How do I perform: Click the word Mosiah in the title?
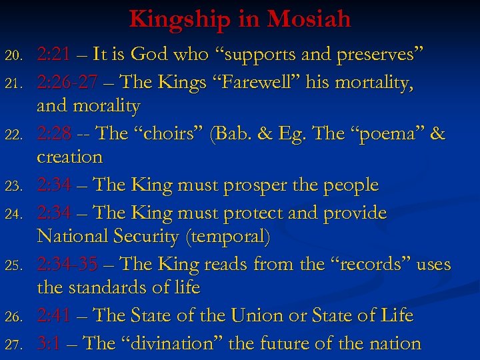tap(309, 18)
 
